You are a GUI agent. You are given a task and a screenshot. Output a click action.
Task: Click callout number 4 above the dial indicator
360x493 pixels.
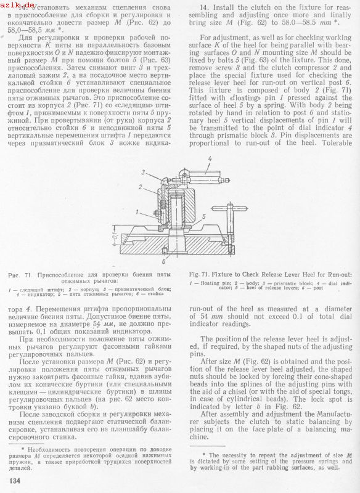click(x=210, y=159)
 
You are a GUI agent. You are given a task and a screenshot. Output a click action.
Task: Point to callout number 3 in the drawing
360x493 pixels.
click(x=143, y=173)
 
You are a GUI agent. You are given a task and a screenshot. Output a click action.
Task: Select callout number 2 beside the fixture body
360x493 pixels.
click(x=140, y=187)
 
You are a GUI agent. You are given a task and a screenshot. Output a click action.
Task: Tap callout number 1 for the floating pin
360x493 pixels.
click(x=137, y=212)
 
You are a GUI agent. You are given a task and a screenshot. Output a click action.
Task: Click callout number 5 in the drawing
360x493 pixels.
click(x=204, y=216)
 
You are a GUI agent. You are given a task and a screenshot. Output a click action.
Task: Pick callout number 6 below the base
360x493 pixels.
click(x=164, y=261)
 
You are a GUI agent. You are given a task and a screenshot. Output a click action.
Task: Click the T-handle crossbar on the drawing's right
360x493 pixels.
click(x=230, y=208)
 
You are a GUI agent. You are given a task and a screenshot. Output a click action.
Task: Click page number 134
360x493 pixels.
click(x=15, y=481)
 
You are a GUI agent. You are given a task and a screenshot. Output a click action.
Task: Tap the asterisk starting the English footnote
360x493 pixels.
click(x=204, y=455)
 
